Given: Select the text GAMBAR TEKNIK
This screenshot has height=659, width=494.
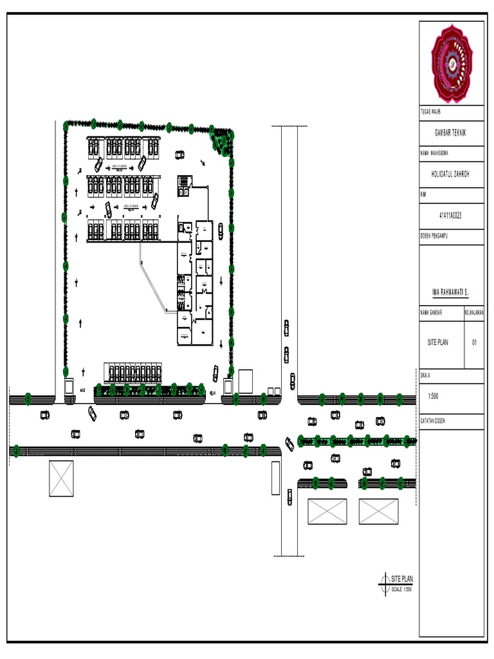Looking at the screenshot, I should (450, 132).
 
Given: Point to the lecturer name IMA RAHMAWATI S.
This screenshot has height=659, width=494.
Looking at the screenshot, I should (450, 292).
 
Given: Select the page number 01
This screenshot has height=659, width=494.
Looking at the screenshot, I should (474, 343).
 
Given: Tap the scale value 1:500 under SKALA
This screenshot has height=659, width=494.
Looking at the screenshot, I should (434, 396).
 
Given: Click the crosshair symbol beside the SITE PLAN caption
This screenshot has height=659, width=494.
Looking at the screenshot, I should (385, 582).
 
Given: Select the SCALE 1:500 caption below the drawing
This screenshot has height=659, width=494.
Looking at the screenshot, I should (401, 589).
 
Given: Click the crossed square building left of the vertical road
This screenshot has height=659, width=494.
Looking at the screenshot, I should (61, 478).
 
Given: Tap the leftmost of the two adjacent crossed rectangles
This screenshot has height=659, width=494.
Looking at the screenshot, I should (327, 512).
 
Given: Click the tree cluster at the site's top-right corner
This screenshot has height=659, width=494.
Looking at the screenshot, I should (223, 140).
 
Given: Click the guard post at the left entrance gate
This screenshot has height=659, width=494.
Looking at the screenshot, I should (69, 387).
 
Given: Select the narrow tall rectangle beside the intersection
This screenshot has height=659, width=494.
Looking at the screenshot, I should (275, 478).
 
